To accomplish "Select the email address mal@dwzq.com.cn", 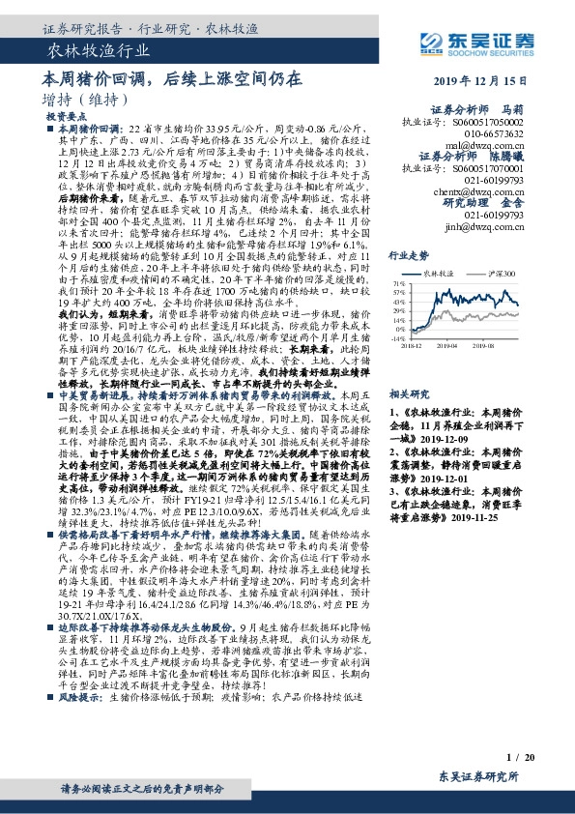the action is [484, 144].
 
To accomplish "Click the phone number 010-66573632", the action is [487, 134].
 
